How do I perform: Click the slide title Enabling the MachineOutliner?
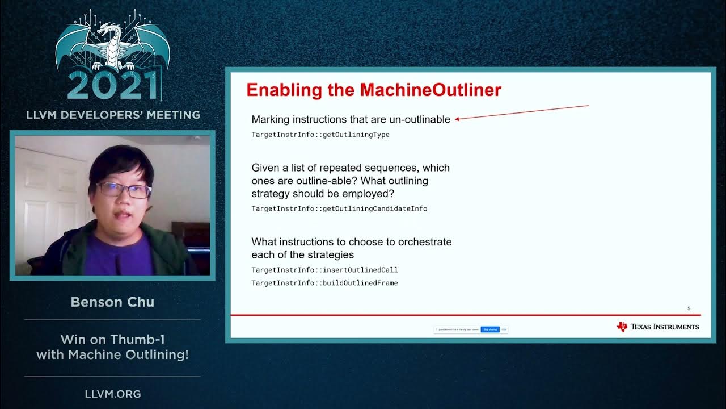(x=374, y=90)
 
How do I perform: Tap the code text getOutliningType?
(x=320, y=135)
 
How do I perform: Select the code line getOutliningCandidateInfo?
(x=339, y=208)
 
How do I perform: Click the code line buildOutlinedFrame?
(x=324, y=283)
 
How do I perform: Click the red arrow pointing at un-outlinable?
(x=522, y=112)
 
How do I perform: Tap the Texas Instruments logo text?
(x=664, y=327)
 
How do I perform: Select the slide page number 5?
(x=689, y=308)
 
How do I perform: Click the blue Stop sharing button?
(x=490, y=329)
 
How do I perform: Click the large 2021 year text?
(x=113, y=87)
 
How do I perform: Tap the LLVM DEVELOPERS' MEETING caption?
(x=113, y=115)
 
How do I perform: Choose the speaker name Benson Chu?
(x=112, y=302)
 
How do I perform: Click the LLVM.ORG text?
(x=112, y=394)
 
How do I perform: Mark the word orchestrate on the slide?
(x=421, y=242)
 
